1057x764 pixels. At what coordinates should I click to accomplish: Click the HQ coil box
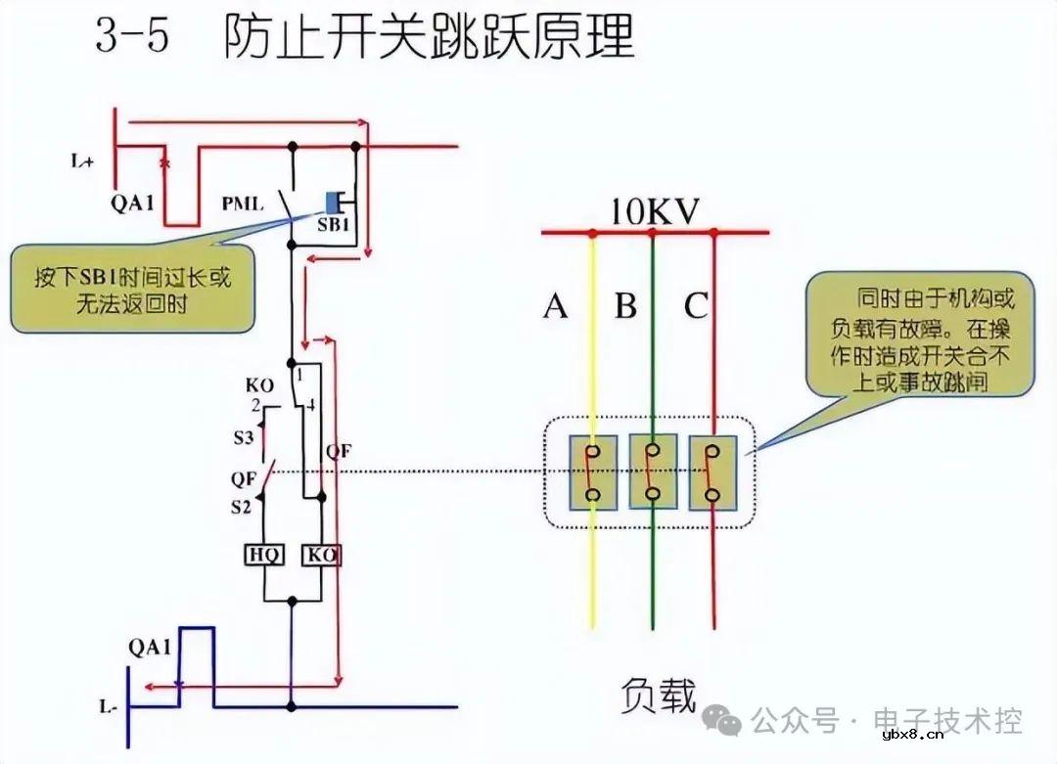pos(263,556)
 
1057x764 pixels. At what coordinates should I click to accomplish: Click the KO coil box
pos(322,556)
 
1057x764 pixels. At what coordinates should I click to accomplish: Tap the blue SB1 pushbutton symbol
pos(333,202)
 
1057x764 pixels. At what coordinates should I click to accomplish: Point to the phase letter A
pos(556,307)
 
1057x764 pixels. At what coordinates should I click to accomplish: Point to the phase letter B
pos(625,307)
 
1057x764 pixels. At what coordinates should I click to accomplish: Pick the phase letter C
pos(695,307)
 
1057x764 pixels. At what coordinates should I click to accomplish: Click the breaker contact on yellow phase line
pos(593,472)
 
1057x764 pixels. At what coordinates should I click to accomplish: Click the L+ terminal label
pos(82,162)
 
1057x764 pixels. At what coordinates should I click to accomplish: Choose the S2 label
pos(242,507)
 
